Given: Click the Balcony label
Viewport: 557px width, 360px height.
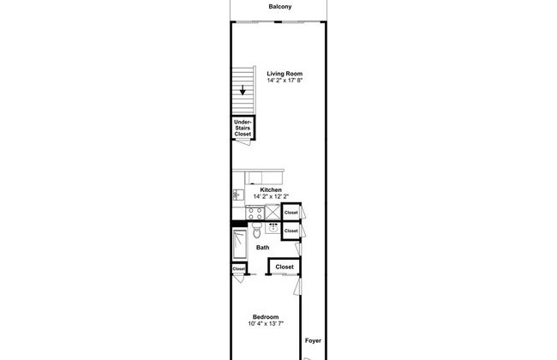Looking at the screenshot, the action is coord(280,6).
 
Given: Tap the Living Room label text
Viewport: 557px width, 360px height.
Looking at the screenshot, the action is coord(284,74).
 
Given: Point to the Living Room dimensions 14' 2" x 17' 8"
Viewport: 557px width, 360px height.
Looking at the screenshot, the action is coord(284,81).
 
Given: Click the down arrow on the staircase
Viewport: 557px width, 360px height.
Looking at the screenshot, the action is coord(243,90).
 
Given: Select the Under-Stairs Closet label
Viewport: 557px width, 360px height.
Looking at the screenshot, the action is coord(243,128).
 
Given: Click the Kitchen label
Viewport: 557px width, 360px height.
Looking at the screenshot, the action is coord(271,189).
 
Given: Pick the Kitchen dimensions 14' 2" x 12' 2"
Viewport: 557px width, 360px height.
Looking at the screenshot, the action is coord(271,196).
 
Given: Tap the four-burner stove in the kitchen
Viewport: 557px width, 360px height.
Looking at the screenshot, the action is coord(255,213).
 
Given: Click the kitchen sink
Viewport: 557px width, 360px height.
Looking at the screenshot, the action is coord(238,195).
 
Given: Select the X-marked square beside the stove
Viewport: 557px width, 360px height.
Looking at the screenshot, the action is coord(273,213).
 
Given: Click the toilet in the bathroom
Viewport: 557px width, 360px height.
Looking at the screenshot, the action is coord(256,231).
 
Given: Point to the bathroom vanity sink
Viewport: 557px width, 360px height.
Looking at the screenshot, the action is coord(273,228).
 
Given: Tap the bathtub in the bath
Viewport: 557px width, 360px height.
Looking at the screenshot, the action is coord(240,244).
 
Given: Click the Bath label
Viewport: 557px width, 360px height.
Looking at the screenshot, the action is coord(262,248).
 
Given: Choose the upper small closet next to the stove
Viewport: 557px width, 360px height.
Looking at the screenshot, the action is coord(291,213).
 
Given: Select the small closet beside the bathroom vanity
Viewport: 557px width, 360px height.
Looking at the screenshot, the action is coord(291,231).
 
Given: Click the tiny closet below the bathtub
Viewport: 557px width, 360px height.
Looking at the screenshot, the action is coord(239,268).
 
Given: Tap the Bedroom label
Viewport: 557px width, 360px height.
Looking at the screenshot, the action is coord(266,316).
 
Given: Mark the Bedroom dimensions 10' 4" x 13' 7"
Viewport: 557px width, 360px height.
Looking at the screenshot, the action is coord(266,324).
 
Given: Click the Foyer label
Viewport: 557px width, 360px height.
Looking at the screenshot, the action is coord(313,340).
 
